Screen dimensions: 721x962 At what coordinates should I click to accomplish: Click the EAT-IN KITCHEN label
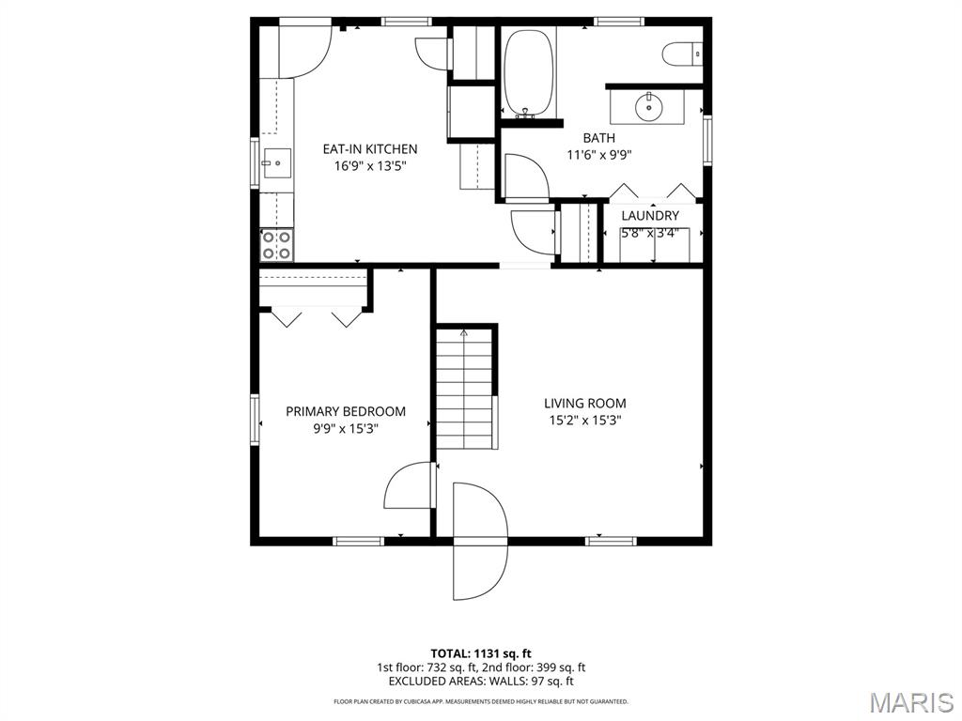[370, 149]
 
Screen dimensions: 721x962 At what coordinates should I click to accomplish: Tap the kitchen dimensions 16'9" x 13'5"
[370, 166]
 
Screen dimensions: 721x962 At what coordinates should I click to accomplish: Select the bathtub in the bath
[530, 72]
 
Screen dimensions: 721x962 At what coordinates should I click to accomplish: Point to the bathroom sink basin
[649, 105]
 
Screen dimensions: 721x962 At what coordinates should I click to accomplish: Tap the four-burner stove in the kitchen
[276, 245]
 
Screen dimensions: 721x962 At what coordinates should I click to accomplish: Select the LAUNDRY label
[649, 216]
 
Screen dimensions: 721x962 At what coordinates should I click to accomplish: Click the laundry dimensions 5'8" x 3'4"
[649, 233]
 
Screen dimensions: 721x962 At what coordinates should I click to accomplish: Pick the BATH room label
[598, 138]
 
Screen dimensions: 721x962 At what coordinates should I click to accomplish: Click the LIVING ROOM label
[585, 404]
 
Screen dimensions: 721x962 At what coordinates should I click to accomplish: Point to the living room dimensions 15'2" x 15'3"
[585, 421]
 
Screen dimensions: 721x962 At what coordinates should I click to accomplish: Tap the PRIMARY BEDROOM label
[346, 411]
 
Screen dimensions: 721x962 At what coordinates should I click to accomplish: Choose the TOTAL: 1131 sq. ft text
[481, 653]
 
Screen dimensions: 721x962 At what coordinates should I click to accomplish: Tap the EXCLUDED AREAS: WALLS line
[481, 682]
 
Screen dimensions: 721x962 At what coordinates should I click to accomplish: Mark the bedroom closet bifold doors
[317, 316]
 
